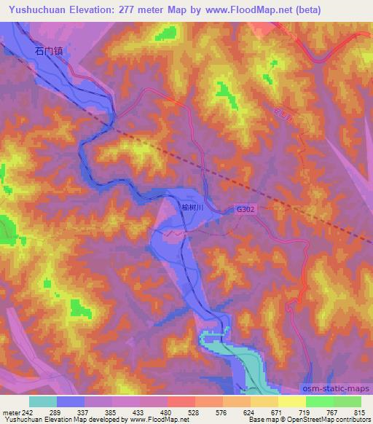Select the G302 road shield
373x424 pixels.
point(246,208)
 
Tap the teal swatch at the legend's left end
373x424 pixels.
point(43,401)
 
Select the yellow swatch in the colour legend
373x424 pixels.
point(291,401)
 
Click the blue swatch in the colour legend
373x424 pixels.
point(71,401)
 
